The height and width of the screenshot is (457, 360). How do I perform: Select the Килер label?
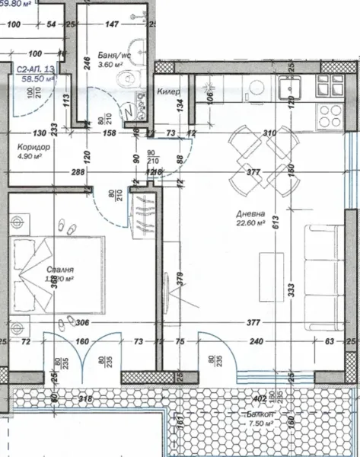tap(168, 91)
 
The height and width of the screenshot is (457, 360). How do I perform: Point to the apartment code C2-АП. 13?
tap(36, 69)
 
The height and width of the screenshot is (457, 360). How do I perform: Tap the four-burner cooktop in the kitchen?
tap(330, 116)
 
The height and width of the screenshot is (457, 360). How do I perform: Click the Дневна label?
tap(250, 215)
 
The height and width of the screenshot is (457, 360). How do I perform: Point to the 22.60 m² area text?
tap(250, 225)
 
